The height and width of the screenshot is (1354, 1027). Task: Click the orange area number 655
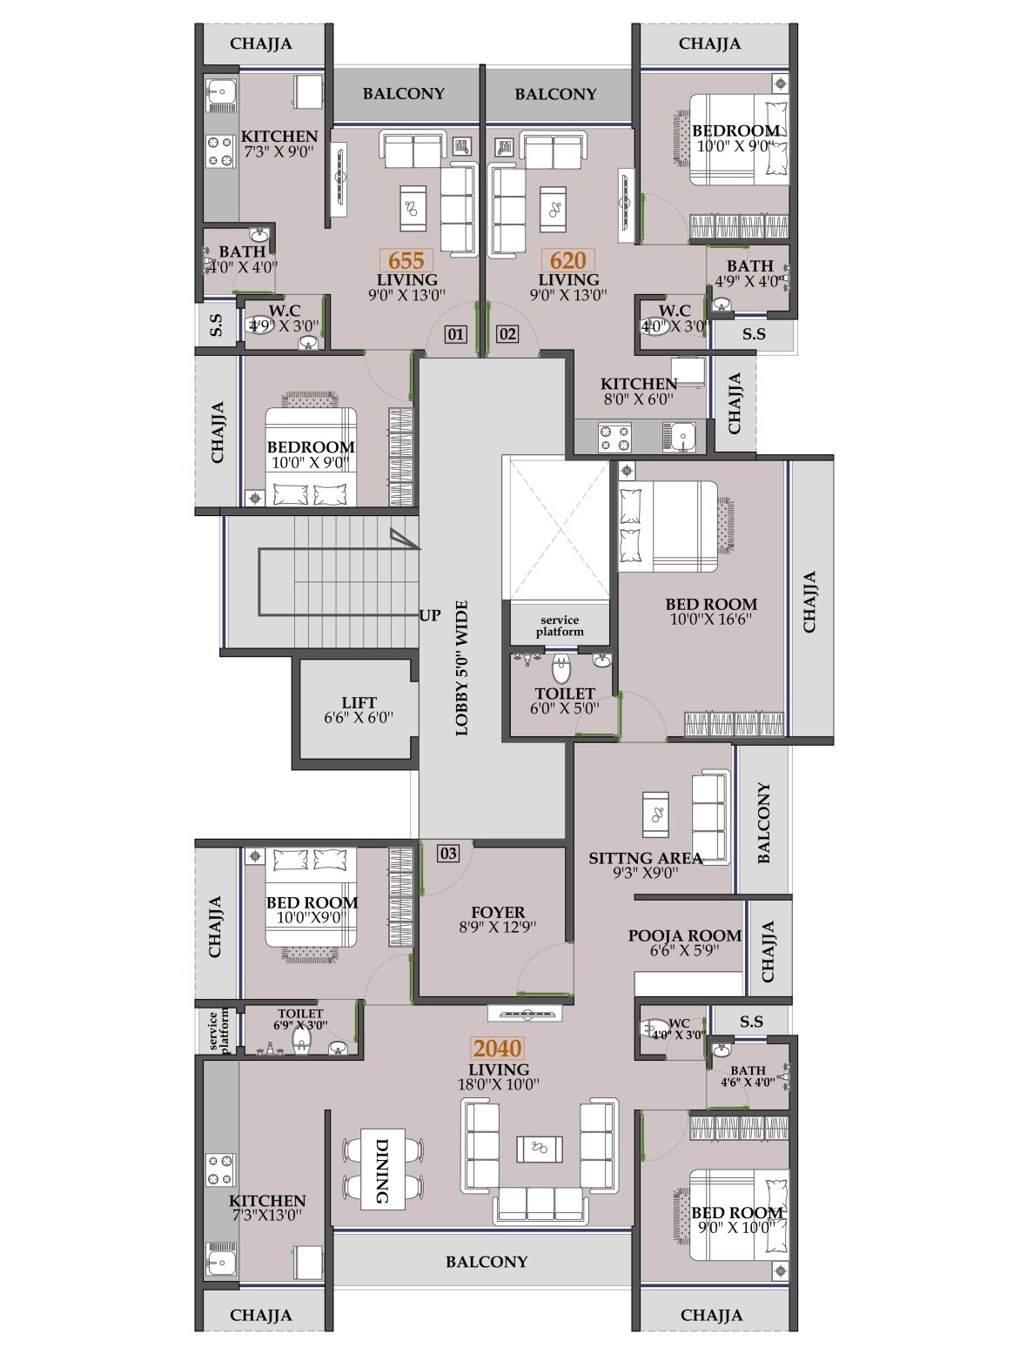[x=406, y=260]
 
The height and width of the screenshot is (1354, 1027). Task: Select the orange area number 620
[x=567, y=260]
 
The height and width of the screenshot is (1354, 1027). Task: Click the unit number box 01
[x=455, y=333]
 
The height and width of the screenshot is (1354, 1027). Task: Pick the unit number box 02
[x=507, y=333]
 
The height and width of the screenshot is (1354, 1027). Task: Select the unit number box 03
[x=447, y=853]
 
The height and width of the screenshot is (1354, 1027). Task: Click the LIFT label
[x=359, y=702]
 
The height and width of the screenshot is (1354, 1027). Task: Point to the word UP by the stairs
[x=430, y=616]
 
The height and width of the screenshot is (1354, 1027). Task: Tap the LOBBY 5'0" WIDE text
[x=461, y=668]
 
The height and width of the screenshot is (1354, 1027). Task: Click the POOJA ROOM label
[x=685, y=936]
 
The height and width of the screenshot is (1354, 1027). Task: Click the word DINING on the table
[x=382, y=1171]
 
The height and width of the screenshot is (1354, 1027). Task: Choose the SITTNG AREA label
[x=645, y=858]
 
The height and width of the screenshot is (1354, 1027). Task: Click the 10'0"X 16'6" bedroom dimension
[x=711, y=620]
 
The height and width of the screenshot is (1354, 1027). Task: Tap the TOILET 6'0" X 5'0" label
[x=564, y=700]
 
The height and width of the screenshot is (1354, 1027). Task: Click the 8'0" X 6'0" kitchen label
[x=638, y=399]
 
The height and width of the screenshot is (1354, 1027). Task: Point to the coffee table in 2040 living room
[x=540, y=1149]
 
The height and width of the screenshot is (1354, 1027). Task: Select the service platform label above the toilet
[x=560, y=626]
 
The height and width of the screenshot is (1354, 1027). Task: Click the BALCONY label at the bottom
[x=487, y=1261]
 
